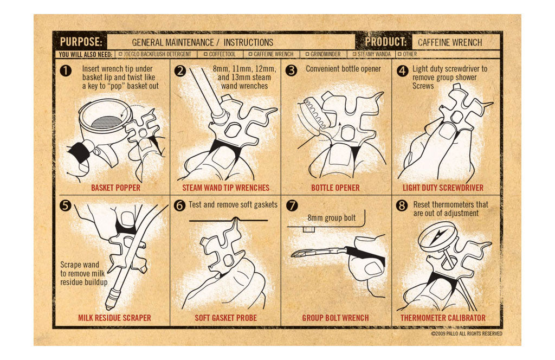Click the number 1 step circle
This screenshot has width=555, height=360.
point(66,70)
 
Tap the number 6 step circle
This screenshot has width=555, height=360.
point(179,205)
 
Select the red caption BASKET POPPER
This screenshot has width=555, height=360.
point(116,188)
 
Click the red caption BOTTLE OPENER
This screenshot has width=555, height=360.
point(335,188)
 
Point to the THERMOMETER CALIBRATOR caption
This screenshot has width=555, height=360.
point(443,318)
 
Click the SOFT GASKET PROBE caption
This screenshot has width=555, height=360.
point(226,318)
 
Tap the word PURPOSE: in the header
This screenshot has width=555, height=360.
point(81,42)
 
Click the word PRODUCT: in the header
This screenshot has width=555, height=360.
point(386,42)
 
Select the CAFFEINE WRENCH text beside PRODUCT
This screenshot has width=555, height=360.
point(450,42)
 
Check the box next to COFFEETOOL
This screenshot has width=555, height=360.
point(205,54)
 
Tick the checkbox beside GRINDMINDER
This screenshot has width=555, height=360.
point(307,54)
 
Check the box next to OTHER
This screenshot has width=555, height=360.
point(399,54)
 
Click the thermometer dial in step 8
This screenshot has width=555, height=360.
point(437,236)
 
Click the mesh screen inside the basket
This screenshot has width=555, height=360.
point(107,122)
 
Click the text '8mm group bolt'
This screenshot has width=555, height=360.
point(331,218)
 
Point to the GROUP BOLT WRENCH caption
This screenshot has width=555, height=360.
point(335,318)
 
